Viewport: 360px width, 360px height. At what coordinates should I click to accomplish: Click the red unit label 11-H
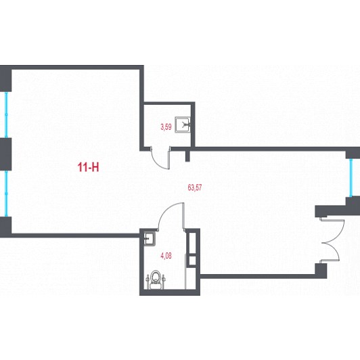click(x=89, y=167)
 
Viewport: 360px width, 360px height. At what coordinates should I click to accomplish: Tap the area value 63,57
click(x=195, y=187)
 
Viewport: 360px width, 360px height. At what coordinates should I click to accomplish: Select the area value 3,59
click(x=166, y=127)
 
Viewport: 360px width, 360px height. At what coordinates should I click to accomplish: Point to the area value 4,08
click(x=166, y=256)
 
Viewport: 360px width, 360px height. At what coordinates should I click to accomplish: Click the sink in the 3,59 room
click(x=183, y=125)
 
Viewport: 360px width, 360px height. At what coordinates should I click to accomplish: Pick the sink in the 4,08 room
click(x=150, y=238)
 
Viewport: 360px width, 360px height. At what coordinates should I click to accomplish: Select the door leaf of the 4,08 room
click(x=183, y=216)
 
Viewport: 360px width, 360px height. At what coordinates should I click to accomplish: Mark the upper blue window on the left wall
click(x=7, y=115)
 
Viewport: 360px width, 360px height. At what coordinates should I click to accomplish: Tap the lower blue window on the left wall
click(x=7, y=194)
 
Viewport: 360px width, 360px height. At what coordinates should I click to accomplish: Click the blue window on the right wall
click(x=351, y=178)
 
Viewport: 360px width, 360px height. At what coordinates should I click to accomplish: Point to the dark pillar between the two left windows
click(x=5, y=154)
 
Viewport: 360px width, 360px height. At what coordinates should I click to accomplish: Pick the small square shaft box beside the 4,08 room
click(x=192, y=261)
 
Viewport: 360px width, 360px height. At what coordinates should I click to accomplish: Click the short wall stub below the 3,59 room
click(x=187, y=156)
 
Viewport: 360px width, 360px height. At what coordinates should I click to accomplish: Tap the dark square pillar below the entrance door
click(x=321, y=271)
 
